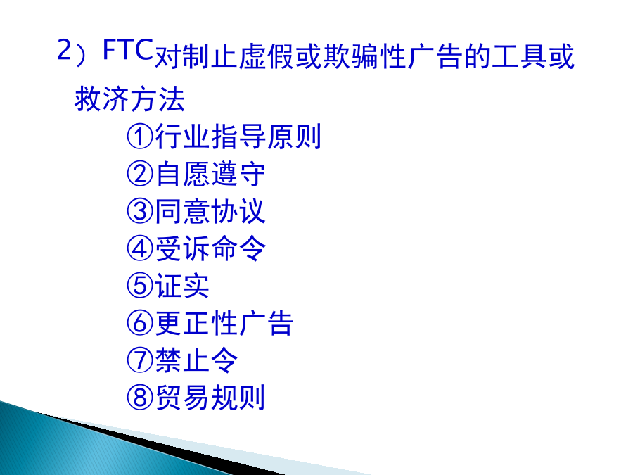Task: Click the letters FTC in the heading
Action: tap(128, 49)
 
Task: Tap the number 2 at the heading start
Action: tap(65, 50)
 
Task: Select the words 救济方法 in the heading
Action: tap(130, 99)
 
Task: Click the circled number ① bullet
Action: tap(140, 137)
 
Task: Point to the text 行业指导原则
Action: tap(238, 137)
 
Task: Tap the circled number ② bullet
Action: tap(140, 174)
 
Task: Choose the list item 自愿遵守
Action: tap(210, 174)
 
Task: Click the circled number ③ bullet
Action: tap(140, 211)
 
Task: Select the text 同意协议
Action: tap(210, 211)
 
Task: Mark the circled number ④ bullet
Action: tap(140, 248)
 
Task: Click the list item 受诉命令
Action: tap(210, 248)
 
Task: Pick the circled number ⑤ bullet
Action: tap(140, 286)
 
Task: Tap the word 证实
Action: tap(182, 286)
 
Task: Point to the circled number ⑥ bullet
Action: tap(140, 323)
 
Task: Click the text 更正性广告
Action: tap(224, 323)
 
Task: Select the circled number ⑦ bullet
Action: tap(140, 360)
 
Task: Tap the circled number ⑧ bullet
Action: tap(140, 398)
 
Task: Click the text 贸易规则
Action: tap(210, 398)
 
